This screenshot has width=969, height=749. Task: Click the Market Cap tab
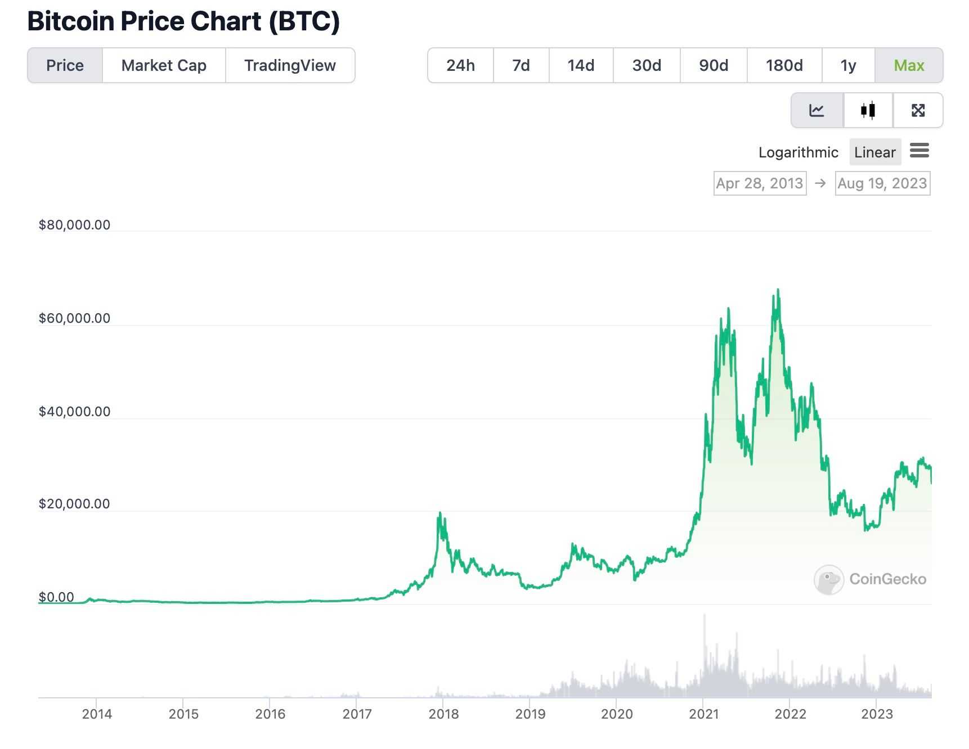(164, 66)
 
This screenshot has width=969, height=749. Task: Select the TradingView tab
(290, 66)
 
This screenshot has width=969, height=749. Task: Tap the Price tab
(65, 66)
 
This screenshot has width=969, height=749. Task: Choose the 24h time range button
(460, 66)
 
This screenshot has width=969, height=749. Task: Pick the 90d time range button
(713, 66)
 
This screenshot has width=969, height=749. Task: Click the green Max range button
(908, 66)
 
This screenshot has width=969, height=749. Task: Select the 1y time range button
(847, 66)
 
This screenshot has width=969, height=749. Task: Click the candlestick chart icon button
(868, 110)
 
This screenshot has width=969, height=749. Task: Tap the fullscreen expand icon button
(918, 110)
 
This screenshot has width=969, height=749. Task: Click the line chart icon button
(817, 110)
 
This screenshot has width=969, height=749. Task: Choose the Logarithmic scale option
(798, 152)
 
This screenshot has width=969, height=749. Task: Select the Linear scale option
(874, 152)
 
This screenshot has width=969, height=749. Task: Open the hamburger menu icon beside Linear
(919, 151)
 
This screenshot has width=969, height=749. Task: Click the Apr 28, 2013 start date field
(759, 183)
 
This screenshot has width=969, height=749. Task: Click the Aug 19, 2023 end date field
(882, 183)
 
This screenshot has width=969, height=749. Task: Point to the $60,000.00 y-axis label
(74, 318)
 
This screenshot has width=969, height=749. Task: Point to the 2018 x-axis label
(443, 714)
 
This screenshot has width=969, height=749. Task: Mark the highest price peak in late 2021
(778, 290)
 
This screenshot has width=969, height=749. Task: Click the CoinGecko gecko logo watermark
(828, 580)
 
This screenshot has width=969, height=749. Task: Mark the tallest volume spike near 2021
(704, 616)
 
